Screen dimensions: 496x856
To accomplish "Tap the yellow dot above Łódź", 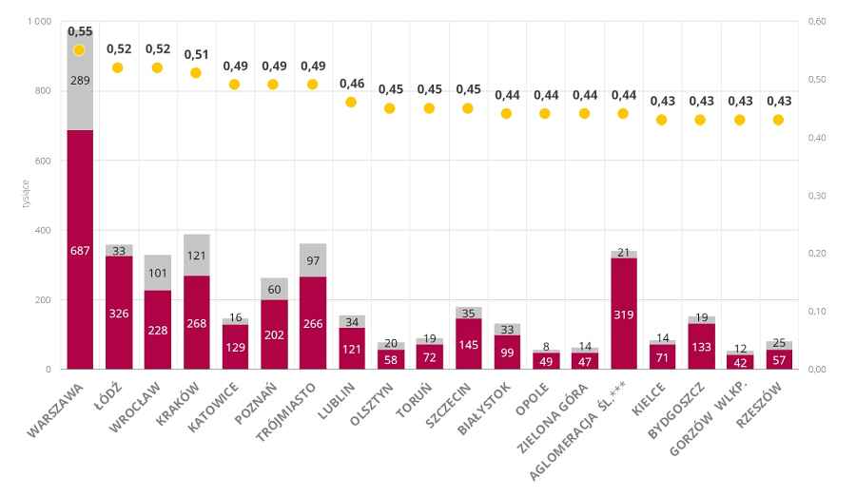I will [x=118, y=67].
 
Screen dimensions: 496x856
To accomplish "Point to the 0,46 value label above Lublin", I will [x=352, y=84].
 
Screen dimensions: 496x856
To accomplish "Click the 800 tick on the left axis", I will [x=41, y=91].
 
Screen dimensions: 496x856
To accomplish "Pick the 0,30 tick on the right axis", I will [x=815, y=196].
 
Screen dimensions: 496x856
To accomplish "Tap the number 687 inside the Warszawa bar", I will [x=80, y=250].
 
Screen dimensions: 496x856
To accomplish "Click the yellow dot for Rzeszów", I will [x=779, y=120].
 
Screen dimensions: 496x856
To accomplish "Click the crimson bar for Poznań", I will [x=274, y=334].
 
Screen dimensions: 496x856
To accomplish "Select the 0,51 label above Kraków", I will [x=196, y=54].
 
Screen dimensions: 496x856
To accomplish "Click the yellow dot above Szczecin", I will [x=468, y=108].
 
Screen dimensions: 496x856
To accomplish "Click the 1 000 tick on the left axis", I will [x=38, y=22].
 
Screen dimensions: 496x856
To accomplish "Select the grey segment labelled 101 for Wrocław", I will [x=158, y=273].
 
